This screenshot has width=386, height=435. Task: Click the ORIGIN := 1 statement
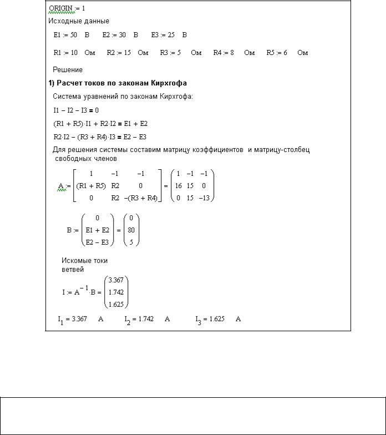pos(69,9)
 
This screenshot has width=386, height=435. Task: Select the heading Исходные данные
pos(78,22)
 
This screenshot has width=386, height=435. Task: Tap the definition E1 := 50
pos(65,35)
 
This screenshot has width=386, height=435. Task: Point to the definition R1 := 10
pos(65,53)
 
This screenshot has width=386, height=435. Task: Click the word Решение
pos(68,70)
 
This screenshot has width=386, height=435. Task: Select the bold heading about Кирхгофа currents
pos(117,83)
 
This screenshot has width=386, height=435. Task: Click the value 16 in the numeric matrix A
pos(179,186)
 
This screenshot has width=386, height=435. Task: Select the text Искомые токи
pos(84,260)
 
